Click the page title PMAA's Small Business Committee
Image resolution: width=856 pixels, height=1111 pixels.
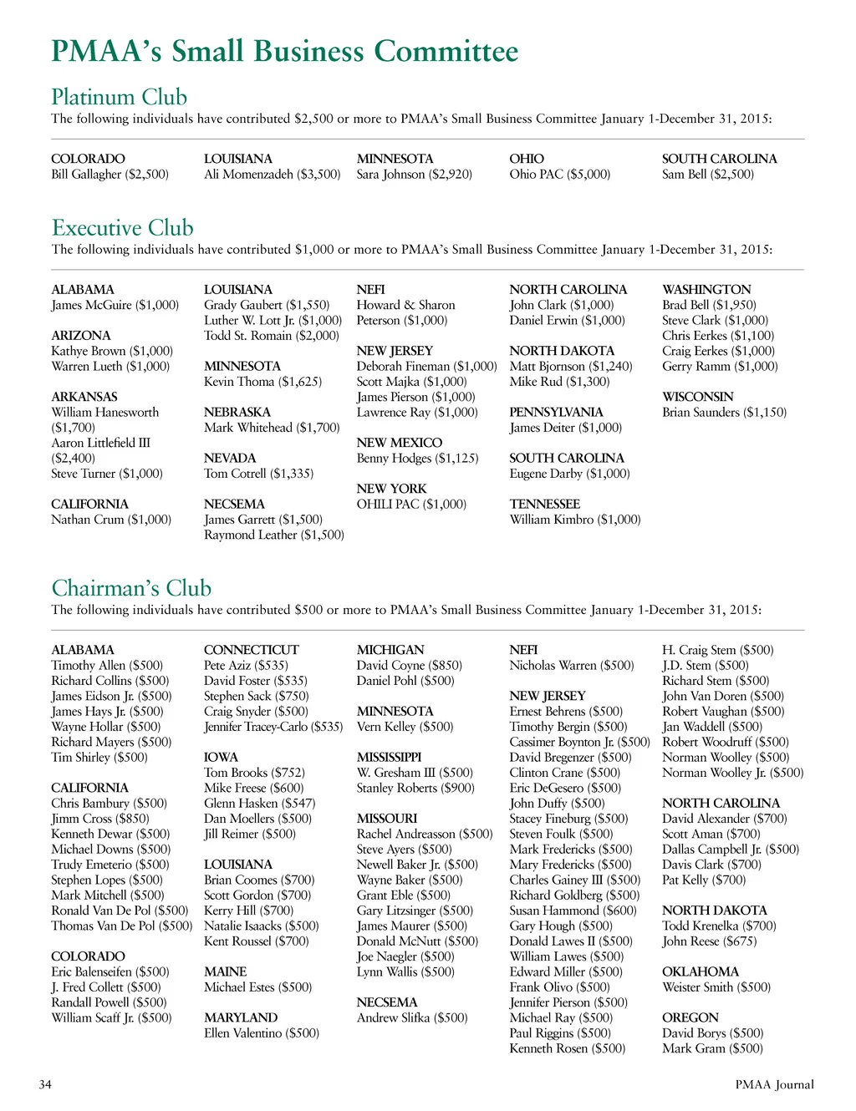284,52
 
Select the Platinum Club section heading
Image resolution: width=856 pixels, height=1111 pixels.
119,97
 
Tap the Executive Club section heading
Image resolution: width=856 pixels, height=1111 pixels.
122,228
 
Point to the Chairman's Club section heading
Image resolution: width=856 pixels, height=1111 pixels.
131,588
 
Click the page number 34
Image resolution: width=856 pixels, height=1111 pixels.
45,1084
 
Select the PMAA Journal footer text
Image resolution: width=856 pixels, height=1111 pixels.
774,1084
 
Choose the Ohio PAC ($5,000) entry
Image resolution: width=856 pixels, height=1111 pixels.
559,175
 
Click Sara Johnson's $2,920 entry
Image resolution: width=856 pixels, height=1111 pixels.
414,175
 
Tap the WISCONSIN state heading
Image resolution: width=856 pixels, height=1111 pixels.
697,397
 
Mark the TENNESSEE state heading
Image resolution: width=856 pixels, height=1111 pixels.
544,504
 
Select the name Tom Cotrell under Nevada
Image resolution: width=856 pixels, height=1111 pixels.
235,474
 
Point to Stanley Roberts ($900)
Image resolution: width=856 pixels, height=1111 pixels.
415,788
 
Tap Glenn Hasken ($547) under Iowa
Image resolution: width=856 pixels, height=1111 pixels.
259,803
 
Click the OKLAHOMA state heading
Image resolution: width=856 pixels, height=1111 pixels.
700,971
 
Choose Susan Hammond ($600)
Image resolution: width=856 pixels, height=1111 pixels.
573,911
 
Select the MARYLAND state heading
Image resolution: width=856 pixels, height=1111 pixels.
241,1017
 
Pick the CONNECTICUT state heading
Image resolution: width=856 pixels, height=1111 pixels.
251,650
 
